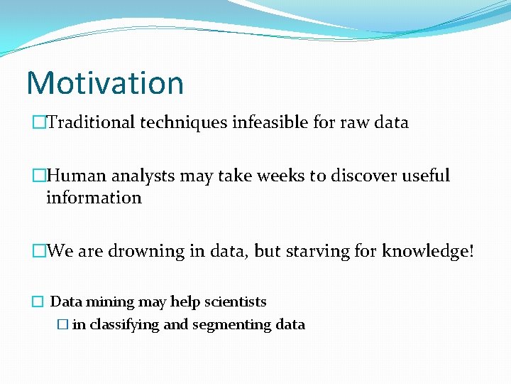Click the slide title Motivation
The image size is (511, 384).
(x=105, y=82)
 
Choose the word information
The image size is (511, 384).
(x=94, y=198)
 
